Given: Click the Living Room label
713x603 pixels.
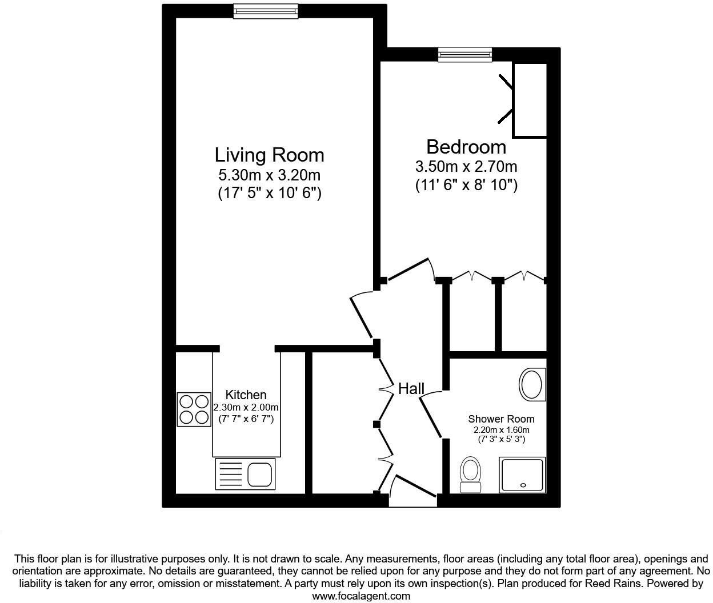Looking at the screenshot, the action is (x=270, y=155).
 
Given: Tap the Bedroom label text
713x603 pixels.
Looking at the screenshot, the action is (x=466, y=147).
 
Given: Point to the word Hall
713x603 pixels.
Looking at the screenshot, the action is (x=411, y=389).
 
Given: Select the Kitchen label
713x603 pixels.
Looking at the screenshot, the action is (x=246, y=395).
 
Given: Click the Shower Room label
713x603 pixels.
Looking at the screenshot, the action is (x=501, y=419).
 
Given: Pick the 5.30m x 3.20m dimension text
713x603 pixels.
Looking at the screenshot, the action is (x=270, y=175).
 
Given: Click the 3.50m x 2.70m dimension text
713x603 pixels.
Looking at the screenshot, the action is (x=466, y=167).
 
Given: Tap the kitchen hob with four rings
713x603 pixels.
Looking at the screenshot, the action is (x=194, y=409).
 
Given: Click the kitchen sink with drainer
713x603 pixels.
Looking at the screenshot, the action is (x=245, y=474).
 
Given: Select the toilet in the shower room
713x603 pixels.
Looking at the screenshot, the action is (x=471, y=475).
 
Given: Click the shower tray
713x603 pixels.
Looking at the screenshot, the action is (x=522, y=475).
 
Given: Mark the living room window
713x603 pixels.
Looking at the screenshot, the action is (x=266, y=11).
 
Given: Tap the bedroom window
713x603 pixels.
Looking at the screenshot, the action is (x=465, y=55).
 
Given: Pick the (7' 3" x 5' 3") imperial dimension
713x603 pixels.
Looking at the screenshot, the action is (x=501, y=440).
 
